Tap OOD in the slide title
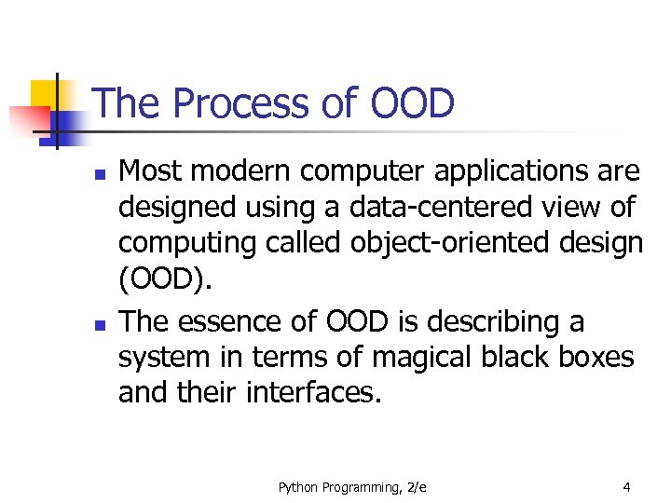point(412,103)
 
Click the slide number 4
point(627,485)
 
